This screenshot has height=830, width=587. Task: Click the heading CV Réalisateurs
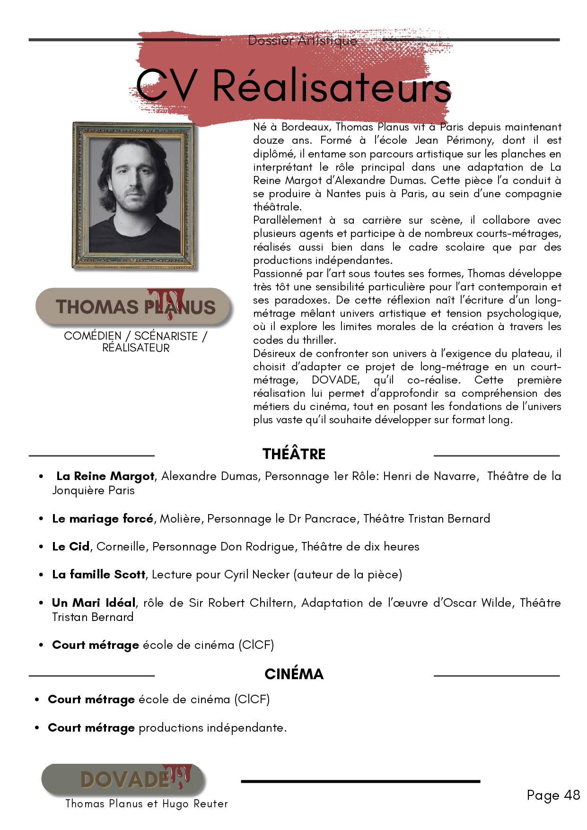pyautogui.click(x=293, y=86)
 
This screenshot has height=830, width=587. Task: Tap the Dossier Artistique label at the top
pyautogui.click(x=302, y=41)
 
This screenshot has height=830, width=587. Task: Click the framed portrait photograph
pyautogui.click(x=134, y=195)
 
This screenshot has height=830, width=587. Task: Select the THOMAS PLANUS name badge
pyautogui.click(x=134, y=307)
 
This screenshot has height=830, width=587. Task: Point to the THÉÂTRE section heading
pyautogui.click(x=294, y=454)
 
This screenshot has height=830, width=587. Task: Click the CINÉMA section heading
pyautogui.click(x=294, y=674)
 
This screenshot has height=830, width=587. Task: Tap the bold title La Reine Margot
pyautogui.click(x=105, y=476)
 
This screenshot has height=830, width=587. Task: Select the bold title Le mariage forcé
pyautogui.click(x=103, y=519)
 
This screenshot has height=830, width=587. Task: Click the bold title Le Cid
pyautogui.click(x=71, y=547)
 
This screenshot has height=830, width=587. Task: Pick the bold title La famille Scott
pyautogui.click(x=99, y=575)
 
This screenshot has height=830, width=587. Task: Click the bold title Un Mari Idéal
pyautogui.click(x=94, y=603)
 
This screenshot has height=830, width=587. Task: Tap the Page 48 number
pyautogui.click(x=553, y=795)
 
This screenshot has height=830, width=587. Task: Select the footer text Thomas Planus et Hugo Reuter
pyautogui.click(x=146, y=804)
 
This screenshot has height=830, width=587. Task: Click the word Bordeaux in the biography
pyautogui.click(x=307, y=127)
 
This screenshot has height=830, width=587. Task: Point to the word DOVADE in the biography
pyautogui.click(x=335, y=380)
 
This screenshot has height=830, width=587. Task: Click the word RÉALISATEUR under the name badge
pyautogui.click(x=136, y=348)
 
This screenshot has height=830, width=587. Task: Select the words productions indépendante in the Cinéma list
pyautogui.click(x=212, y=728)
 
